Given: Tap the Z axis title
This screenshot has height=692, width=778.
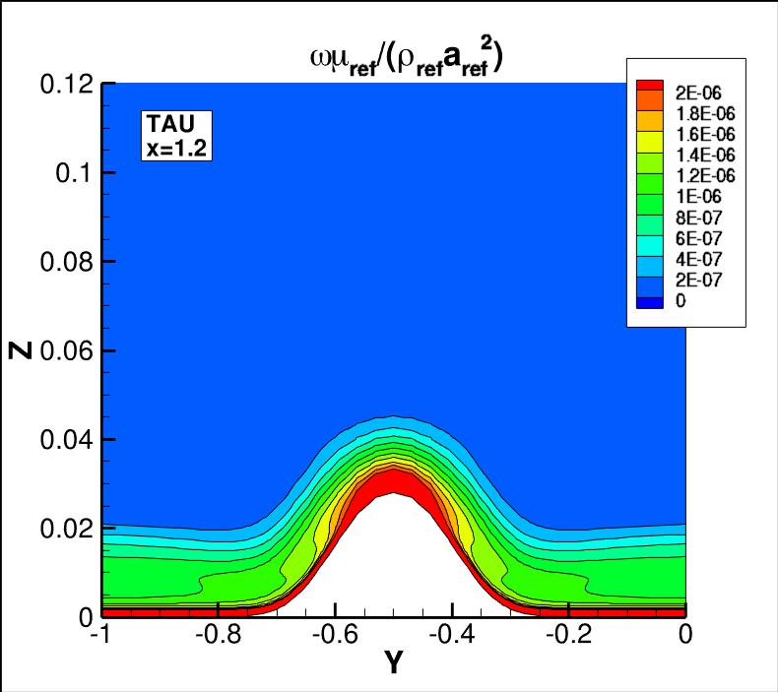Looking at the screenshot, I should (22, 350).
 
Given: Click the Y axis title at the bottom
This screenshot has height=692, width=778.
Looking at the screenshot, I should (393, 664).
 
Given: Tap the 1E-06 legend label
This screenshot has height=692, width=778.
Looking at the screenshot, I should (692, 196).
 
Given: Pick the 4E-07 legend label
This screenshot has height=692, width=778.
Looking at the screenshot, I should (692, 259).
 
